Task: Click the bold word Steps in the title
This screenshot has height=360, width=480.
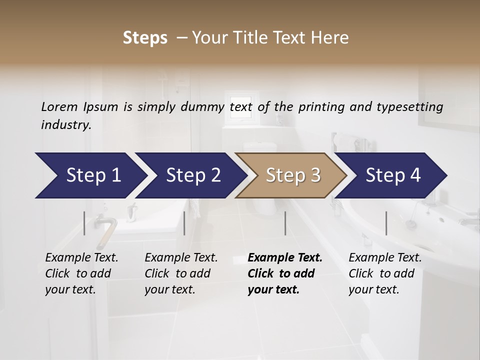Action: coord(145,38)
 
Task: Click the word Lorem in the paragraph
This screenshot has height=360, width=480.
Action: coord(59,107)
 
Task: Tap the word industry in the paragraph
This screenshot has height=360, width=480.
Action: coord(65,125)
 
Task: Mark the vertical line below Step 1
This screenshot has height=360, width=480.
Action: coord(84,223)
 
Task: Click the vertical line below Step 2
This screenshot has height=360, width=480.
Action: coord(184,223)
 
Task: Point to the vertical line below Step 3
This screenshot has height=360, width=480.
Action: coord(285,223)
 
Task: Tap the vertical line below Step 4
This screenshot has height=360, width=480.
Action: coord(386,223)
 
